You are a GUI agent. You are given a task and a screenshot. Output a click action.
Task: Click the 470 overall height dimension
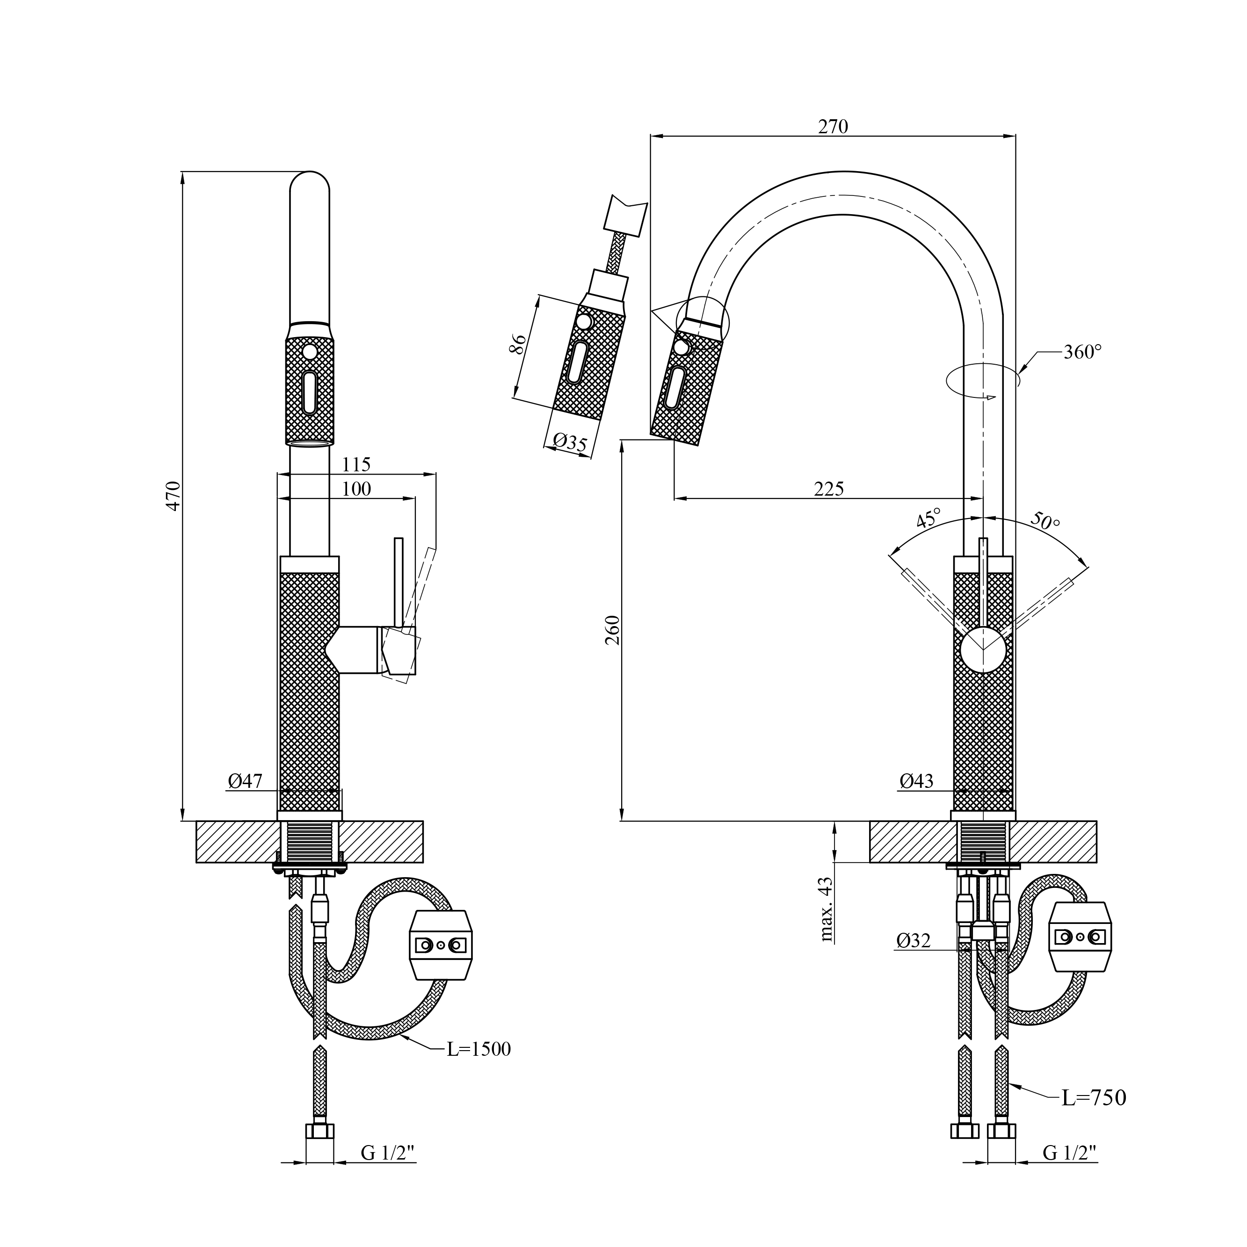tap(173, 495)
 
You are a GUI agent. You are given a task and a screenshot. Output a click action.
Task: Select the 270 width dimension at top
tap(833, 127)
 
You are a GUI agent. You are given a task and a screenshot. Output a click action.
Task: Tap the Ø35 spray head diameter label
tap(570, 442)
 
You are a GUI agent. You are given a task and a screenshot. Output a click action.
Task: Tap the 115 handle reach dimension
tap(356, 464)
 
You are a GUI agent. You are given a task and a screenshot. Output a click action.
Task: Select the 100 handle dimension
tap(356, 489)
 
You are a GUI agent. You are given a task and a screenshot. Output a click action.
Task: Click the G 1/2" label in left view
tap(387, 1153)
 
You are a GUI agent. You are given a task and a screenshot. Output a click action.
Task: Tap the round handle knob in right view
tap(982, 649)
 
